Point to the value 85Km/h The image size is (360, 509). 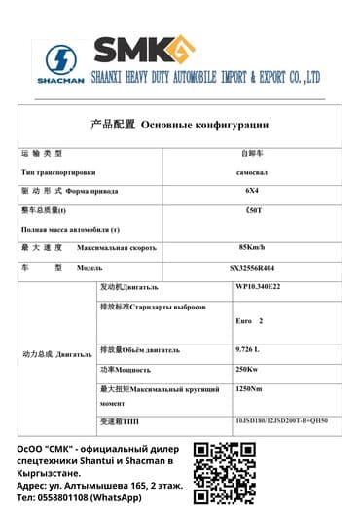click(252, 246)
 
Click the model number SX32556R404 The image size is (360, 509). click(252, 267)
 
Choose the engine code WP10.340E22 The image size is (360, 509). click(258, 287)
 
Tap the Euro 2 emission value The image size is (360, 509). click(249, 320)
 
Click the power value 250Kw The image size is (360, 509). click(247, 369)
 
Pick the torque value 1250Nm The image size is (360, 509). click(249, 389)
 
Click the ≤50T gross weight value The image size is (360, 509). click(252, 210)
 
